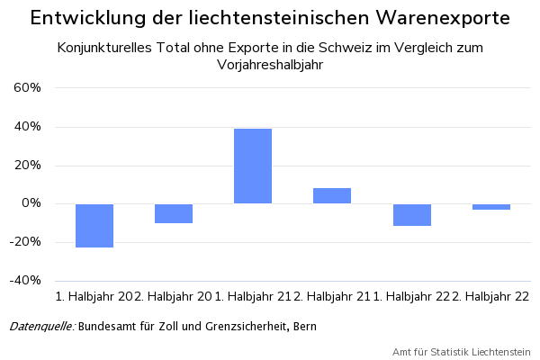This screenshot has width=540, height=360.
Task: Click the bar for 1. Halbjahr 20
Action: [x=94, y=225]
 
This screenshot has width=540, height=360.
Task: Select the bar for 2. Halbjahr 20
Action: [x=174, y=213]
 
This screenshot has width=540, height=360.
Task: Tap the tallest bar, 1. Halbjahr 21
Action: [x=253, y=166]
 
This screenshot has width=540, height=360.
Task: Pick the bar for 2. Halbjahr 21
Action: [x=332, y=195]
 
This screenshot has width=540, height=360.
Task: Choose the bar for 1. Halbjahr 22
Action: [x=411, y=214]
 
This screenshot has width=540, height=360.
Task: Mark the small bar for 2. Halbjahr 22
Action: [x=491, y=207]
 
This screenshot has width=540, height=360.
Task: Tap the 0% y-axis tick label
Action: [x=31, y=203]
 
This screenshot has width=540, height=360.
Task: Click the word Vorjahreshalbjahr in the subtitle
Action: [x=270, y=65]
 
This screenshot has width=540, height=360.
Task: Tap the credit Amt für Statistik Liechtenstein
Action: [x=462, y=351]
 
